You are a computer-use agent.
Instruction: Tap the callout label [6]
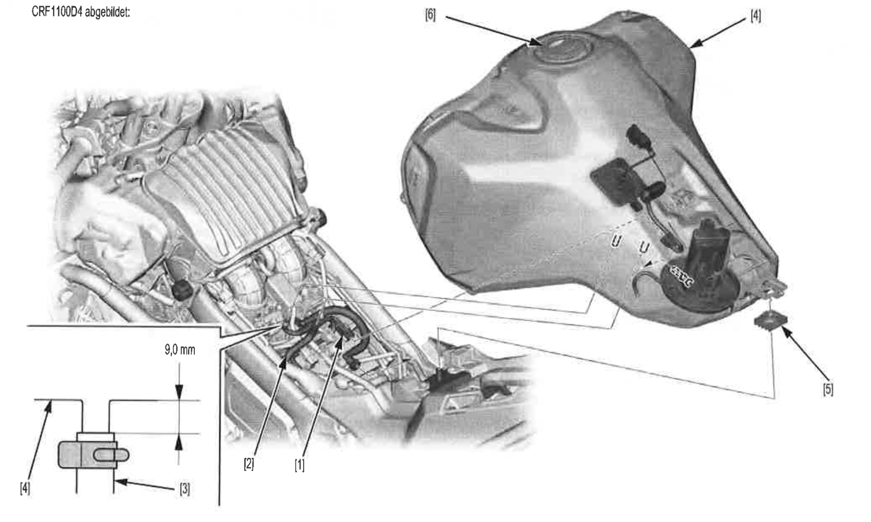tap(430, 15)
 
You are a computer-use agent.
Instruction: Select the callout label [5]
tap(828, 389)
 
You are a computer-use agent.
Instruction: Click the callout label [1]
tap(300, 465)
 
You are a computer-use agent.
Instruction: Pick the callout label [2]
tap(249, 463)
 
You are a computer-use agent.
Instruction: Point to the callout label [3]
tap(185, 489)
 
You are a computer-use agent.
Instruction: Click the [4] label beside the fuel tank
tap(755, 16)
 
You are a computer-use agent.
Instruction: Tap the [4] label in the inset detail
tap(25, 488)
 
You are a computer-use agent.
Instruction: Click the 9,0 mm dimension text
tap(180, 350)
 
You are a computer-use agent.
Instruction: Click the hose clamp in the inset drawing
tap(93, 454)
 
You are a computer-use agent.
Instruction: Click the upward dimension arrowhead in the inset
tap(179, 441)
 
